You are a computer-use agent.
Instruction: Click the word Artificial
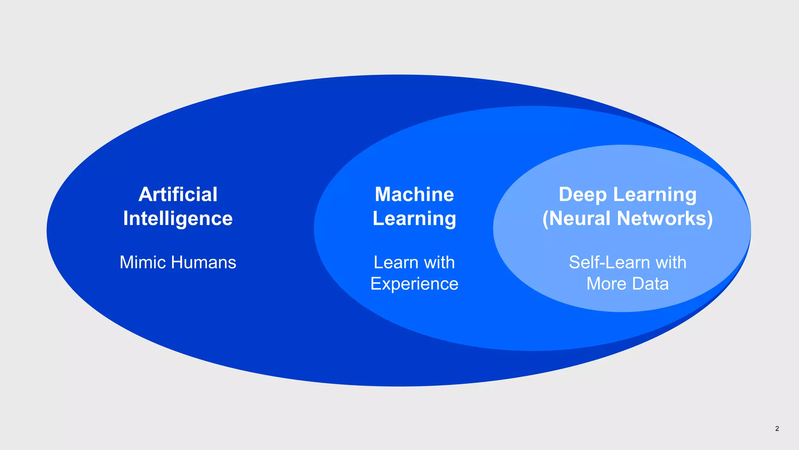[x=178, y=195]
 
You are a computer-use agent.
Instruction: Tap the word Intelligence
[x=178, y=218]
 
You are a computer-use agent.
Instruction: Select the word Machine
[x=414, y=195]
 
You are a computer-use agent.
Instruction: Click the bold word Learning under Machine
[x=414, y=218]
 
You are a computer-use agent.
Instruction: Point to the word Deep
[x=582, y=195]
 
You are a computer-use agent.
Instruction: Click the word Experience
[x=414, y=284]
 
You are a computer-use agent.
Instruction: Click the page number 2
[x=777, y=429]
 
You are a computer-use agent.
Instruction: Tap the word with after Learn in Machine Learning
[x=439, y=262]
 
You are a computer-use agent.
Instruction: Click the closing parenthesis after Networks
[x=710, y=218]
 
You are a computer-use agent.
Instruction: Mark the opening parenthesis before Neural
[x=546, y=218]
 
